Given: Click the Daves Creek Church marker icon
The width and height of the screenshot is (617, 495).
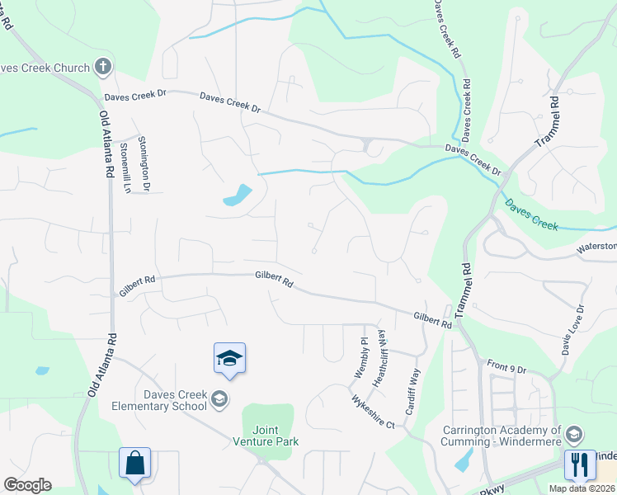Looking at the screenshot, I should click(103, 67).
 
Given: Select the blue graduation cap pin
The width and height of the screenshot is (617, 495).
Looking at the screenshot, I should click(229, 358).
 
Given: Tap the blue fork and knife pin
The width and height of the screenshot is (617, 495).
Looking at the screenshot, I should click(580, 464).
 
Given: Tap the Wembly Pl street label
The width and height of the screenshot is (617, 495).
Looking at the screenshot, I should click(360, 358).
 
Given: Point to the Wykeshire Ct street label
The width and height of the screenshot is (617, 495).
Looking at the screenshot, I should click(374, 412).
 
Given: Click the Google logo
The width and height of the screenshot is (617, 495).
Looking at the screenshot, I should click(27, 484).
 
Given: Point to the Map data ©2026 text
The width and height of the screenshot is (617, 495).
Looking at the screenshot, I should click(582, 488).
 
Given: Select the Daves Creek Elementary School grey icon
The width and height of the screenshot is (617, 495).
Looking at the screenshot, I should click(219, 400).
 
